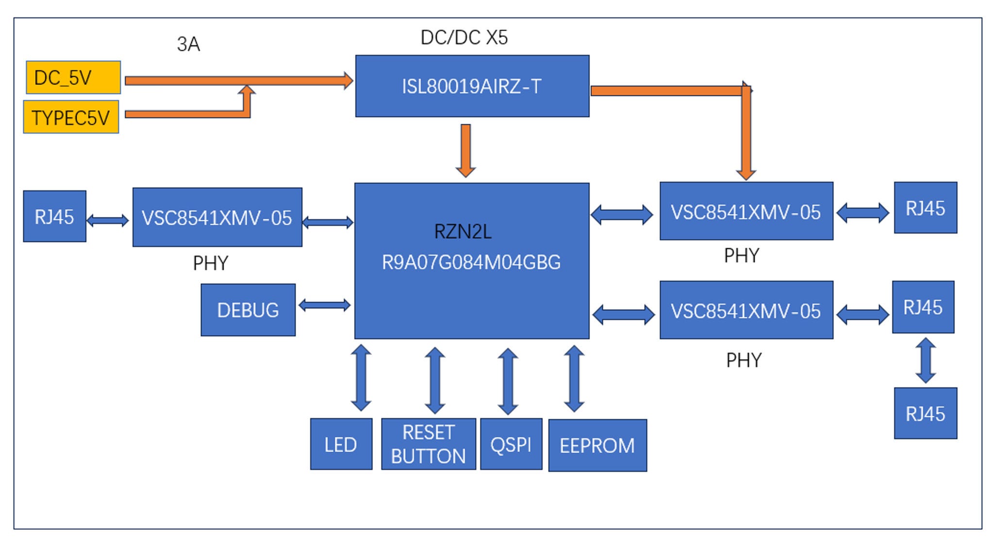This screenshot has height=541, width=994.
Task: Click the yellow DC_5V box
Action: pyautogui.click(x=73, y=77)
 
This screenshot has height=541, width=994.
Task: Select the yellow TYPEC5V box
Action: pyautogui.click(x=71, y=117)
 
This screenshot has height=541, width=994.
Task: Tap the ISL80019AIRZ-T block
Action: pyautogui.click(x=472, y=86)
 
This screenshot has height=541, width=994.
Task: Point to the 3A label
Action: pyautogui.click(x=188, y=44)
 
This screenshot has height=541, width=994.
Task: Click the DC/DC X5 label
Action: pyautogui.click(x=464, y=37)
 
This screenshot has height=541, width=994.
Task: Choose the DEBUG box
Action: pyautogui.click(x=248, y=310)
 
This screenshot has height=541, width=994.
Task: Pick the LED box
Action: pyautogui.click(x=341, y=444)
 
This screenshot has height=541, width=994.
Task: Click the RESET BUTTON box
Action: pyautogui.click(x=428, y=444)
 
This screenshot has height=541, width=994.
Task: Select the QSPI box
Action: pyautogui.click(x=511, y=444)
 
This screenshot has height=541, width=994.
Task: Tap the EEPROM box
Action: pyautogui.click(x=597, y=445)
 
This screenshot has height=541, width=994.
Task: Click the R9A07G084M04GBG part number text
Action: pyautogui.click(x=471, y=262)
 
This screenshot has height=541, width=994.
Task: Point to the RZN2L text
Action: pyautogui.click(x=463, y=232)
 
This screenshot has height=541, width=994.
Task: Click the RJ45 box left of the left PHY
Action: pyautogui.click(x=54, y=216)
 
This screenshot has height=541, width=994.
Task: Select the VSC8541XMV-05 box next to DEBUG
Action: pyautogui.click(x=217, y=217)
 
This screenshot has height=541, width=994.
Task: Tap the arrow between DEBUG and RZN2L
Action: pyautogui.click(x=324, y=305)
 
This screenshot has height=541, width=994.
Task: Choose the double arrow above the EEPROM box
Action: pyautogui.click(x=574, y=378)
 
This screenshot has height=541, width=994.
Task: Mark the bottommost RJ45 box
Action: pyautogui.click(x=925, y=413)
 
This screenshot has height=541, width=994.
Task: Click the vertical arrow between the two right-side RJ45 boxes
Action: pyautogui.click(x=925, y=360)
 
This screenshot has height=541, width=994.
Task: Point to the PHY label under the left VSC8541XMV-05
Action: pyautogui.click(x=210, y=263)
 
